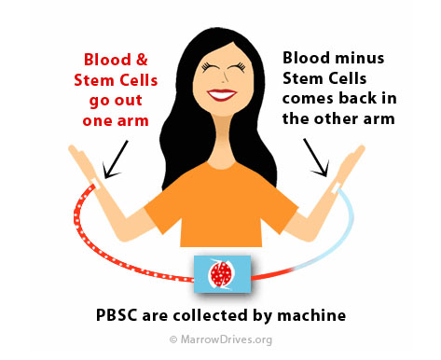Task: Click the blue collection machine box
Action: tap(222, 274)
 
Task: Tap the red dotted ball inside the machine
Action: tap(221, 274)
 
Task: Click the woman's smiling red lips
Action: tap(222, 94)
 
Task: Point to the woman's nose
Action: tap(223, 79)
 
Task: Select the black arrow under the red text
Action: tap(115, 159)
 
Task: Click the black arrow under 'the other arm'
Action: tap(316, 158)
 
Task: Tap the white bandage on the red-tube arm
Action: tap(96, 183)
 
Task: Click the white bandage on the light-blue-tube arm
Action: tap(337, 187)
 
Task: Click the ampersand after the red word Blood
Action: tap(142, 60)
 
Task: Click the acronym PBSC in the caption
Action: tap(117, 315)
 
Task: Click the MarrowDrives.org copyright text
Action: tap(221, 339)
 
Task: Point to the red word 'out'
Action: tap(128, 101)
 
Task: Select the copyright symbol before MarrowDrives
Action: tap(173, 339)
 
